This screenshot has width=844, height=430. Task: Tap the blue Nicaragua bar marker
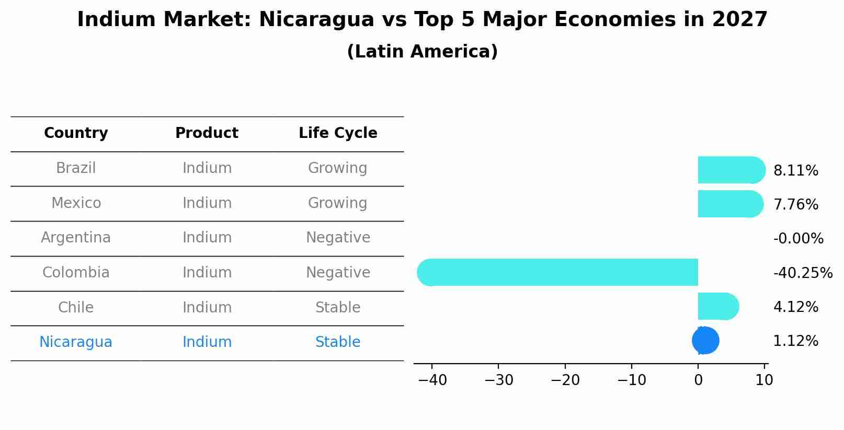(705, 340)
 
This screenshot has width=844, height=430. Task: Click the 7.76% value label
(795, 204)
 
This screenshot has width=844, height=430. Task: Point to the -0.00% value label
(798, 239)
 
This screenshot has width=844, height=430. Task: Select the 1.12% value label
(795, 341)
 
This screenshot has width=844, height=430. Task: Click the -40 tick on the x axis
(432, 380)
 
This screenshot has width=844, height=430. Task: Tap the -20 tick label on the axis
(565, 380)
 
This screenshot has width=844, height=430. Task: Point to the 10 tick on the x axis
(764, 380)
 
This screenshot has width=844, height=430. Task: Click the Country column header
(76, 133)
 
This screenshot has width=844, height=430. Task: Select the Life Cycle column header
(338, 133)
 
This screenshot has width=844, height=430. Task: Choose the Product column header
(207, 133)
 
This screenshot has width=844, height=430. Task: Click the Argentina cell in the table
(76, 238)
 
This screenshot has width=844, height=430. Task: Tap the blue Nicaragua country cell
(76, 342)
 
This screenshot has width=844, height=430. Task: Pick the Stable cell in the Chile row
(338, 307)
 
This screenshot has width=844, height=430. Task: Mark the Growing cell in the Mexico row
(338, 203)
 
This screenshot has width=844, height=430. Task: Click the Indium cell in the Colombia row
(207, 273)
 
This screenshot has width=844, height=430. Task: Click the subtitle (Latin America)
(422, 52)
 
